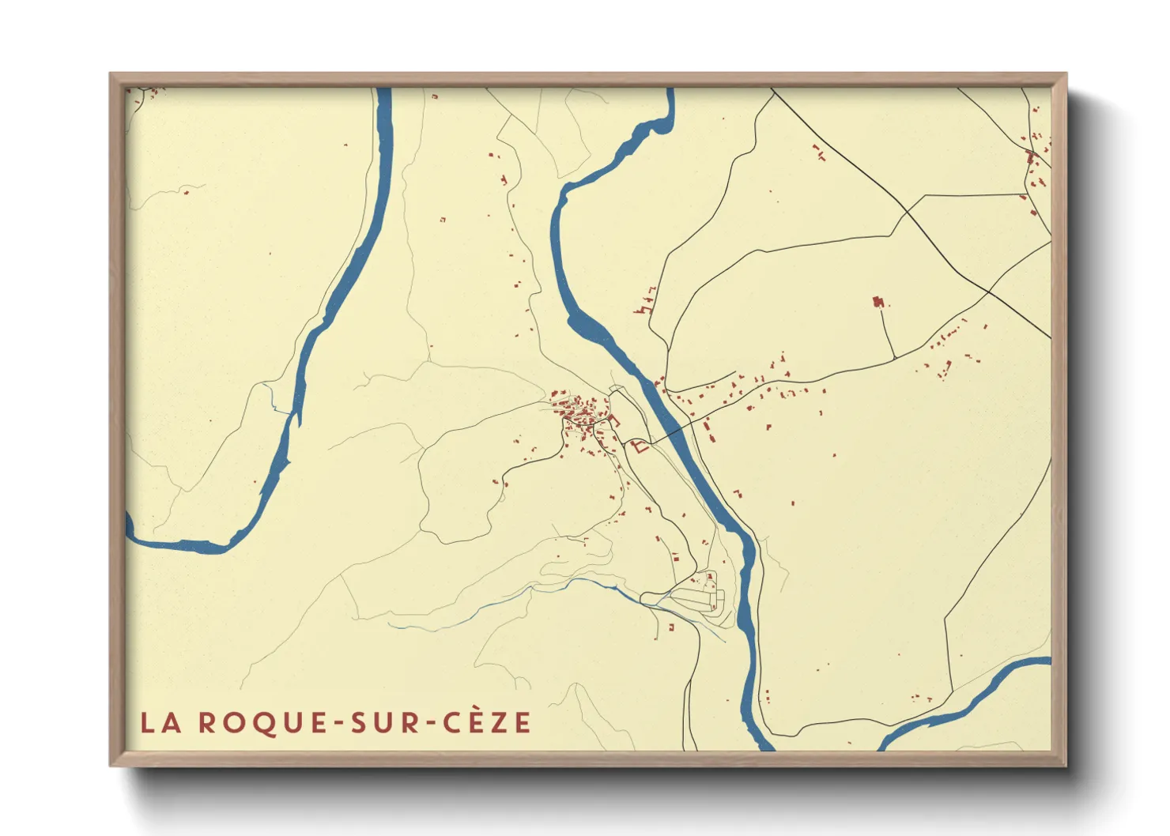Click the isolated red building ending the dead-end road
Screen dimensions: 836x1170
[x=877, y=302]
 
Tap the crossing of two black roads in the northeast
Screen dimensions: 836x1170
[x=988, y=292]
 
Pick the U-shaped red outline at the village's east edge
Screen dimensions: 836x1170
[x=614, y=420]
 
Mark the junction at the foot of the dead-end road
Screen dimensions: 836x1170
[x=894, y=360]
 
